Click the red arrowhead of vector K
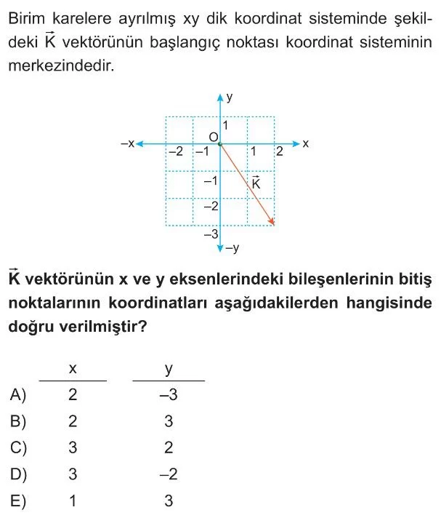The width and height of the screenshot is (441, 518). click(272, 222)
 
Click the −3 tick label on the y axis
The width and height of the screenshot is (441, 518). click(210, 234)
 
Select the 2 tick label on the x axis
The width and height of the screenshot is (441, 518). click(278, 151)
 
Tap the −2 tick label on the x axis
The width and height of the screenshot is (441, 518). click(175, 152)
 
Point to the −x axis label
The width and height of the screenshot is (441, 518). click(127, 144)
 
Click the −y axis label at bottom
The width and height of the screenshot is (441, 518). click(232, 249)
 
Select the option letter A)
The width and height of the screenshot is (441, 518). click(19, 395)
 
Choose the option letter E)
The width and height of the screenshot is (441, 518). click(19, 501)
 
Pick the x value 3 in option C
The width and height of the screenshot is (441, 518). click(72, 448)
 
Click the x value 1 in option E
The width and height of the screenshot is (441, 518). click(72, 501)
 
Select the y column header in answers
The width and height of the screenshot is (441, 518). click(169, 369)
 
